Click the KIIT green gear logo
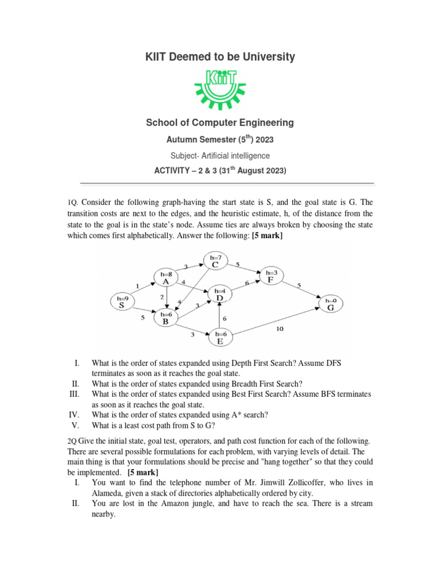220,88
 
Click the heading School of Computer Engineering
220,122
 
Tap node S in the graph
121,302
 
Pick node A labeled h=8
166,278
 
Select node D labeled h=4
219,295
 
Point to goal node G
330,304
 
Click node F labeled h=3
270,276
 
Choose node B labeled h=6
166,318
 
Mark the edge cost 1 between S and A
138,285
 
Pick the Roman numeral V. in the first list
75,425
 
